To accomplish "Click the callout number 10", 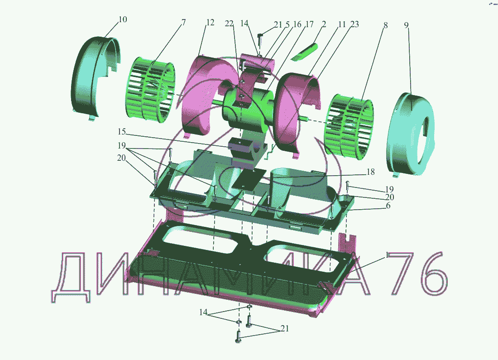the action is point(123,19).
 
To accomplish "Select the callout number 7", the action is point(183,23).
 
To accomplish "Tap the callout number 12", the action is point(210,23).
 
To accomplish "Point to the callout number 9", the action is point(407,25).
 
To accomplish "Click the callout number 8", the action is point(385,25).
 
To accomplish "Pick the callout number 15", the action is point(122,131).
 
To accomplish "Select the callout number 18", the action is point(371,172).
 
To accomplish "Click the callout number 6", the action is point(388,206).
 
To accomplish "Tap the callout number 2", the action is point(324,24).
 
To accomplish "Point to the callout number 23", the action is point(354,24).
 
